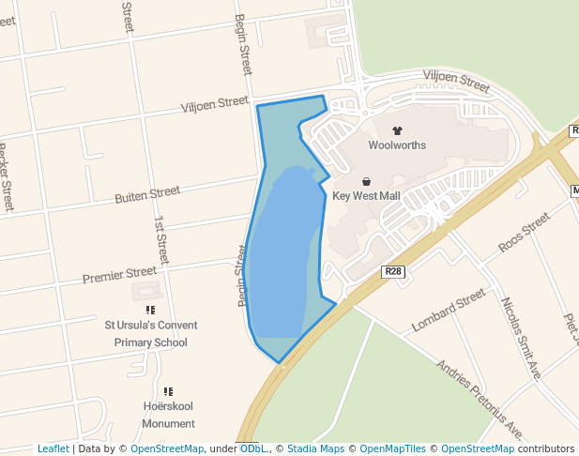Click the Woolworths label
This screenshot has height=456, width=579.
(x=396, y=145)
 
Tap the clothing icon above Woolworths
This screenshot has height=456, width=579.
(x=396, y=130)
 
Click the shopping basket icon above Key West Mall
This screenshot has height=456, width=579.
(x=366, y=181)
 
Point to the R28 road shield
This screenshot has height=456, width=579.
(x=393, y=271)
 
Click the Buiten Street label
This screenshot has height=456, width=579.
(x=147, y=195)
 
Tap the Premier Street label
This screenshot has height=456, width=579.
(x=119, y=275)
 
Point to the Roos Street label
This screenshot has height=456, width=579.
(x=524, y=233)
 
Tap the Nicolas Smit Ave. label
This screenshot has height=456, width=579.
(x=522, y=339)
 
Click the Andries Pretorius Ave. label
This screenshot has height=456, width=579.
(x=480, y=399)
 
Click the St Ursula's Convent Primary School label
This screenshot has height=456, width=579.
(x=150, y=334)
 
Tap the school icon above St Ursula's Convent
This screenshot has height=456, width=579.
(x=150, y=310)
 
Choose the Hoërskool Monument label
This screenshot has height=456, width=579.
(x=169, y=416)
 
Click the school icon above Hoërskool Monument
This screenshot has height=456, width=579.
(x=168, y=391)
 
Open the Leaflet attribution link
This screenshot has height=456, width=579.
(x=53, y=449)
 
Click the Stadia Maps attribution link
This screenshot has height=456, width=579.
(x=313, y=449)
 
